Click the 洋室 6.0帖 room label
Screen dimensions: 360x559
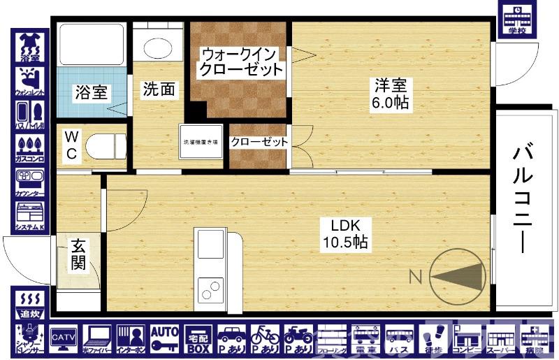pyautogui.click(x=391, y=94)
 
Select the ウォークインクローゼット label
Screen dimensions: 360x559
pyautogui.click(x=240, y=62)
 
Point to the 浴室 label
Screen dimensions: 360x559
pyautogui.click(x=91, y=92)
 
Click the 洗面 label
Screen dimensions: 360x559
pyautogui.click(x=159, y=89)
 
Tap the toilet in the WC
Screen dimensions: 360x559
pyautogui.click(x=103, y=146)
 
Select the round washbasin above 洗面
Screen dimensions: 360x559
pyautogui.click(x=158, y=47)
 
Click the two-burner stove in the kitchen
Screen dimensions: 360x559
pyautogui.click(x=210, y=288)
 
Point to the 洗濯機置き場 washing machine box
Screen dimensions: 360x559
pyautogui.click(x=201, y=143)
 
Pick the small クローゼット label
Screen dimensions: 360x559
pyautogui.click(x=259, y=142)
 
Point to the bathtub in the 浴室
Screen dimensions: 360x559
pyautogui.click(x=91, y=44)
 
